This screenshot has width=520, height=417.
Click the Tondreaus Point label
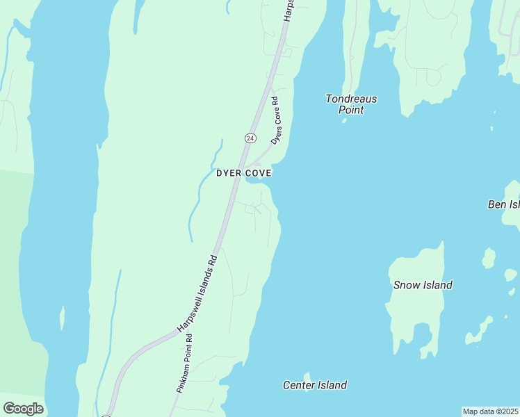point(351,104)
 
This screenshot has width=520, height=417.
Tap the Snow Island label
point(423,285)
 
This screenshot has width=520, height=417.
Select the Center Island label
point(315,385)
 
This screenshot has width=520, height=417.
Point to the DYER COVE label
point(243,172)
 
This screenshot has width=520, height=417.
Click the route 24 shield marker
point(250,138)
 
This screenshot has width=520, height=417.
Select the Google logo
point(23,409)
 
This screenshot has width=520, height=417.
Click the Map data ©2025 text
point(490,411)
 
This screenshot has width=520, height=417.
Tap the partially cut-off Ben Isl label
point(504,204)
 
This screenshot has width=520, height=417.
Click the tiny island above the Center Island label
point(307,376)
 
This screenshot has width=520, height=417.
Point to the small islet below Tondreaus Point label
point(343,120)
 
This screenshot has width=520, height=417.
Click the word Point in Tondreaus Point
point(351,110)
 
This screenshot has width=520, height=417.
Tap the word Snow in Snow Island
point(406,285)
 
